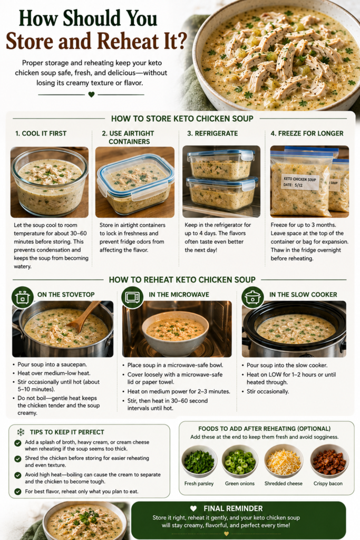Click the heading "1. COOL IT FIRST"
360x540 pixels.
pos(41,133)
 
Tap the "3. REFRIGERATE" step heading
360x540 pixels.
pos(212,133)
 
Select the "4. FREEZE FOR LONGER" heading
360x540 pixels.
pos(307,133)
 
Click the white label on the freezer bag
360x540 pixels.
pos(300,182)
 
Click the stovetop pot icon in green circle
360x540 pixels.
pos(22,297)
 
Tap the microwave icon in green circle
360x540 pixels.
pos(132,297)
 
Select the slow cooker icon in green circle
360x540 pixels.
pos(252,297)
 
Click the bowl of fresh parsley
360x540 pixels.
pos(199,461)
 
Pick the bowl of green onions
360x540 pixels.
pos(240,461)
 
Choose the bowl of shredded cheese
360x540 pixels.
pos(284,461)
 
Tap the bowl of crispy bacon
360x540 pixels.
pos(329,461)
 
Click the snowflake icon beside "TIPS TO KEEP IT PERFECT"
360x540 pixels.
pos(21,432)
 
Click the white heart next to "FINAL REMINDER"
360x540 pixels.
pos(193,508)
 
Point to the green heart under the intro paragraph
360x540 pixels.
pos(91,94)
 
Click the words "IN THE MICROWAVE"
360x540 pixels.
pos(179,294)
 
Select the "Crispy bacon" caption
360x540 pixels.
pos(328,484)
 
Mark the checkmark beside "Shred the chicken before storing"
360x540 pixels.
pos(18,459)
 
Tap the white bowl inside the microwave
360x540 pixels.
pos(175,333)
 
